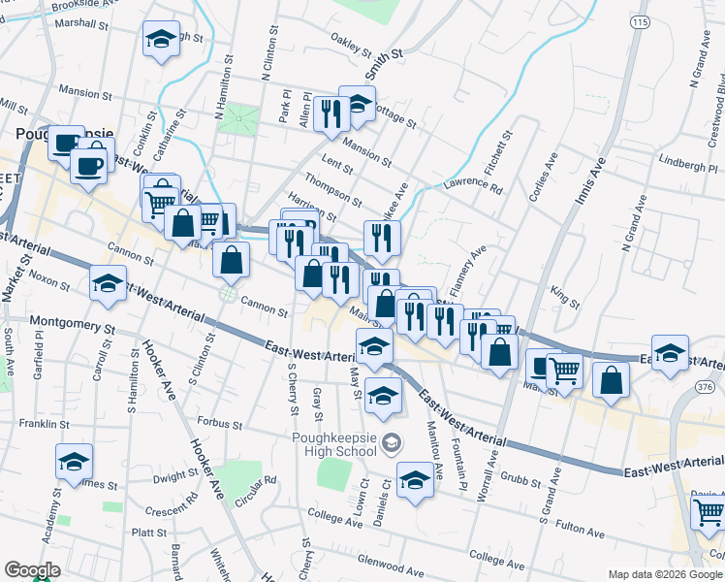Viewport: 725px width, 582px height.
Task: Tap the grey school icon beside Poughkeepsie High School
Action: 391,443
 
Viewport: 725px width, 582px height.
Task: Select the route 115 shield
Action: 637,22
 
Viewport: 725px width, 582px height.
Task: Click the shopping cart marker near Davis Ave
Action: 709,510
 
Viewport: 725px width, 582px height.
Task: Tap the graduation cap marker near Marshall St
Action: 161,40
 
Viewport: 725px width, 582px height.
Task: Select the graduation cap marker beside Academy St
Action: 74,463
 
